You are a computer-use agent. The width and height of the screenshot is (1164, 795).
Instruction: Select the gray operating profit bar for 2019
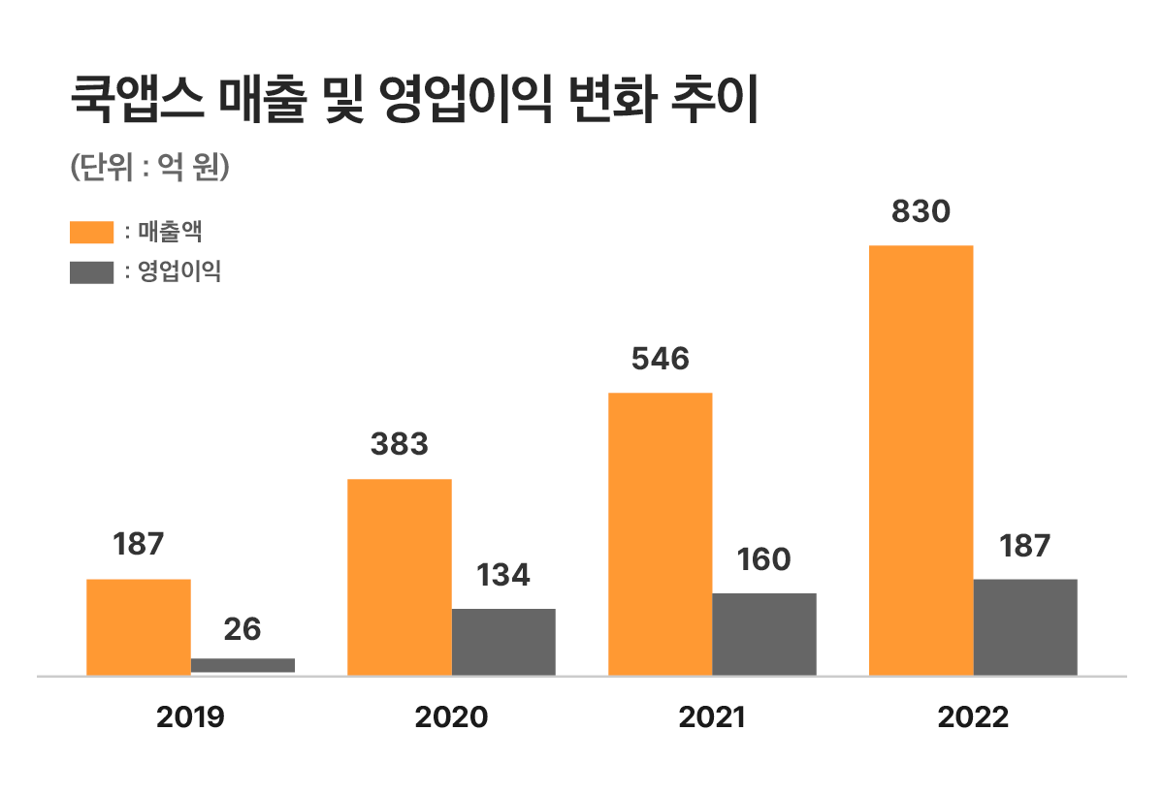[x=242, y=665]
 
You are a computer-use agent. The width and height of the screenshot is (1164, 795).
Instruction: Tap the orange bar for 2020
[x=399, y=577]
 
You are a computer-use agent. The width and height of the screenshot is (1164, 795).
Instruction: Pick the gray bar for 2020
[x=503, y=641]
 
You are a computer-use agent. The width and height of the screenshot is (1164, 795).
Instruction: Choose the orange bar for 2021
[x=660, y=533]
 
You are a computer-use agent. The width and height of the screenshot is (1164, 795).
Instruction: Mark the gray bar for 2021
[x=764, y=633]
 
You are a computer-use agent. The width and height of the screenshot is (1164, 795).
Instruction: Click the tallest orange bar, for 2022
[x=921, y=460]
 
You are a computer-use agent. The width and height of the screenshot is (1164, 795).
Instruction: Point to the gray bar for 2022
[x=1025, y=626]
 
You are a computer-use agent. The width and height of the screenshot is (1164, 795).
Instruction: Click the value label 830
[x=921, y=212]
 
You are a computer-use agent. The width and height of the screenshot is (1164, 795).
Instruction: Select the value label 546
[x=660, y=360]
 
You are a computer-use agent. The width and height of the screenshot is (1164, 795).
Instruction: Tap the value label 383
[x=399, y=445]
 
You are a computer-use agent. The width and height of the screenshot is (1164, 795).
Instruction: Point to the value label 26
[x=242, y=629]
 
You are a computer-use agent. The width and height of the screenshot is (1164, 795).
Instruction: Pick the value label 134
[x=503, y=576]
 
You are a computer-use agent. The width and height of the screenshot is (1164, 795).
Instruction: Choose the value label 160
[x=764, y=560]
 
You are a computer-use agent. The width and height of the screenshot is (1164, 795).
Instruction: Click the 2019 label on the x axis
[x=190, y=717]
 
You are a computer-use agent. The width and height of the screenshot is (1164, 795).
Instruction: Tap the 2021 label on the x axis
[x=712, y=717]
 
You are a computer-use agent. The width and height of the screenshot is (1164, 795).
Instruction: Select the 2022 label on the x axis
[x=973, y=717]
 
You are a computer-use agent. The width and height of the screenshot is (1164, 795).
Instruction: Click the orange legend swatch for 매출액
[x=91, y=234]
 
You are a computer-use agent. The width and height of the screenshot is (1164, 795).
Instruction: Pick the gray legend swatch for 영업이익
[x=91, y=272]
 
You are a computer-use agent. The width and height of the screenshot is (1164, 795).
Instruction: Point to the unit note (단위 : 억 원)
[x=149, y=167]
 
